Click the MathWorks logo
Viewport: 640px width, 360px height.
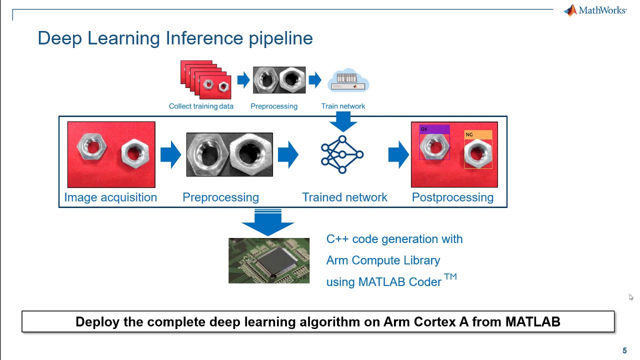[594, 10]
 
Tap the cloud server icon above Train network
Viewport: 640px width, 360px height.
[348, 81]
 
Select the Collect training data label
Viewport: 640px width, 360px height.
[201, 106]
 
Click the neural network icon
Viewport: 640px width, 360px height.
[342, 154]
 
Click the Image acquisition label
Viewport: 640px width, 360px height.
[110, 197]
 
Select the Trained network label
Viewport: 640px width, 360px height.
[344, 197]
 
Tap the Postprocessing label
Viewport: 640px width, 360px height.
[452, 197]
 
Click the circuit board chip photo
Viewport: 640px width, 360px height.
[269, 260]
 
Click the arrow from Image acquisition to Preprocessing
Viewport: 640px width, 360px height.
[170, 154]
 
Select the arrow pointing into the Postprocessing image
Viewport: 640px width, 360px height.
[398, 154]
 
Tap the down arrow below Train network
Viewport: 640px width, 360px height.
[343, 121]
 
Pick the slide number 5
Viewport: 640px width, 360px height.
[624, 350]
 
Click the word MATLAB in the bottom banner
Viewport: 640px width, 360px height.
[532, 322]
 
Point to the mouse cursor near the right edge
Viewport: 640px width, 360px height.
[631, 297]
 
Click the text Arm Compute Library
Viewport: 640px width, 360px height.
[383, 260]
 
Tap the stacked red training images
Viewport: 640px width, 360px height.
[205, 79]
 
